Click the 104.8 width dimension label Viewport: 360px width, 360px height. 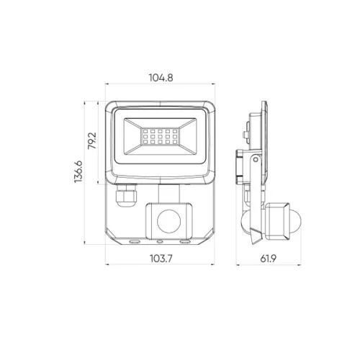coord(161,78)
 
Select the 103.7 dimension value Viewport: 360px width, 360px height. coord(161,258)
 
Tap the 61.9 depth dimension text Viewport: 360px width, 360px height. coord(269,258)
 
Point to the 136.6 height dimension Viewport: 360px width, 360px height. coord(78,172)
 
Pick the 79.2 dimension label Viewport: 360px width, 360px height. coord(92,140)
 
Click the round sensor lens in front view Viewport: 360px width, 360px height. coord(169,221)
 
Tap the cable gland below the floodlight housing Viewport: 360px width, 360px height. coord(126,195)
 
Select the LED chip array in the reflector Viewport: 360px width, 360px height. coord(160,137)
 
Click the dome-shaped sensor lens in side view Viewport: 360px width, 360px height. coord(296,221)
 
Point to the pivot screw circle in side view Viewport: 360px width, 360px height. coord(256,159)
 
